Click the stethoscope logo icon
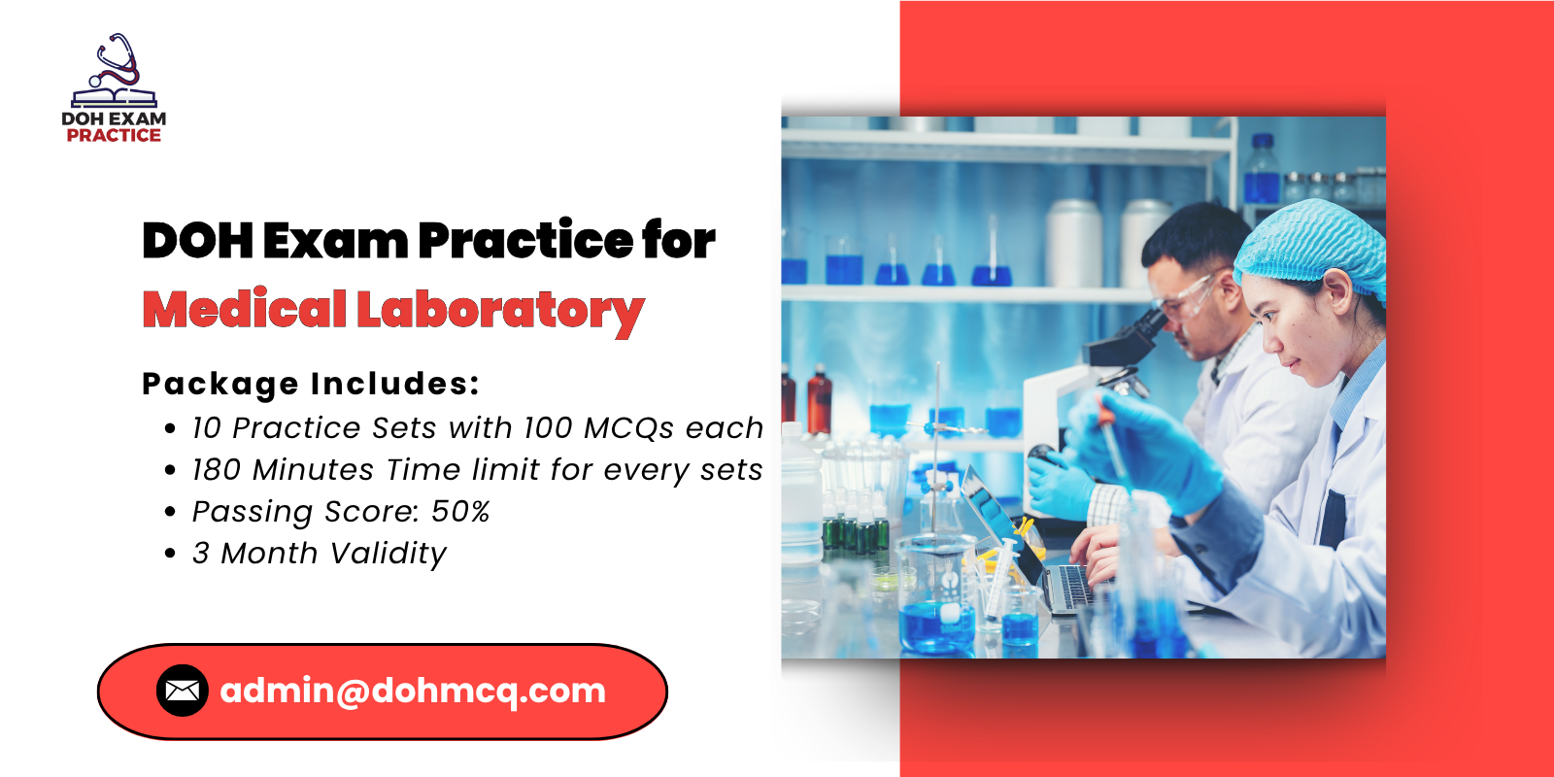[x=115, y=70]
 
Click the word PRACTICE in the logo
[x=114, y=136]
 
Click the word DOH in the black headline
[x=198, y=241]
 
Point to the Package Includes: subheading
[x=311, y=384]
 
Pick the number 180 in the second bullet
[x=217, y=470]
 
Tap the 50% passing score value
[x=460, y=512]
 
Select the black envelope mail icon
[x=182, y=691]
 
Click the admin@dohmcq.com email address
[x=413, y=691]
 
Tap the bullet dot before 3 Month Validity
[x=171, y=554]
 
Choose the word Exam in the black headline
[x=335, y=241]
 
